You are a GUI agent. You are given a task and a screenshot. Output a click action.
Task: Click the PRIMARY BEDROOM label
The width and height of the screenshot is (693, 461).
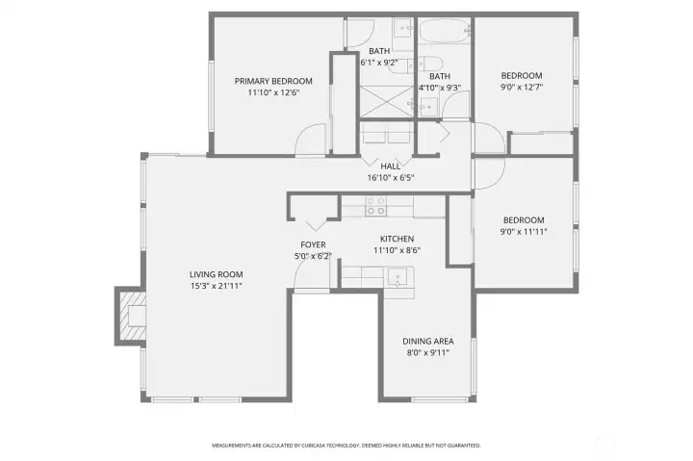click(274, 81)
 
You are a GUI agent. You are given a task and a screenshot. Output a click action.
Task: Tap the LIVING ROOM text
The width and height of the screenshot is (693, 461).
click(216, 274)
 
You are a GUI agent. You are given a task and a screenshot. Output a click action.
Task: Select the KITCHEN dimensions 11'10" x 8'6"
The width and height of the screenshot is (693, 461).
click(397, 250)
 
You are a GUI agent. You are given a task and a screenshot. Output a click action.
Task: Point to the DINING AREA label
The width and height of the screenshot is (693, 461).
click(427, 341)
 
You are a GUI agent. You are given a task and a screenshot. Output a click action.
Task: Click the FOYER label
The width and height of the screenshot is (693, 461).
click(312, 244)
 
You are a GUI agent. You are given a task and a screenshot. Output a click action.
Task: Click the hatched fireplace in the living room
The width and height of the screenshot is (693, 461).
click(129, 317)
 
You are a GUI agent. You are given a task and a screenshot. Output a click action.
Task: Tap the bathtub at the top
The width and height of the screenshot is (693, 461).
click(443, 31)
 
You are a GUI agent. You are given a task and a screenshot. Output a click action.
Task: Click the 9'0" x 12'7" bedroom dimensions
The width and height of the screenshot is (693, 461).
click(522, 88)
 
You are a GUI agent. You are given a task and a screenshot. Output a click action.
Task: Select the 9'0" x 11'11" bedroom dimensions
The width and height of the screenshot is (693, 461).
click(523, 231)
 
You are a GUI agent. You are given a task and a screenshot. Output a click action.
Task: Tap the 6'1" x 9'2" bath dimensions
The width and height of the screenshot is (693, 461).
click(379, 63)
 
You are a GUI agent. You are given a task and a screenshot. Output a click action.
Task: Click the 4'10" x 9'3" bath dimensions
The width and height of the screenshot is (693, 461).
click(439, 88)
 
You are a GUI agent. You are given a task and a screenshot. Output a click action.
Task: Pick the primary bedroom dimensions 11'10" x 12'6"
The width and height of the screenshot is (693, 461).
click(274, 93)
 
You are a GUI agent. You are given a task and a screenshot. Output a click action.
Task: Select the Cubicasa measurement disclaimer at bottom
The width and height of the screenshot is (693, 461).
click(346, 446)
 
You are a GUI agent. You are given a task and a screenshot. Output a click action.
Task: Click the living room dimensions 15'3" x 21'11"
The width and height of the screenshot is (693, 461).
click(216, 286)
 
